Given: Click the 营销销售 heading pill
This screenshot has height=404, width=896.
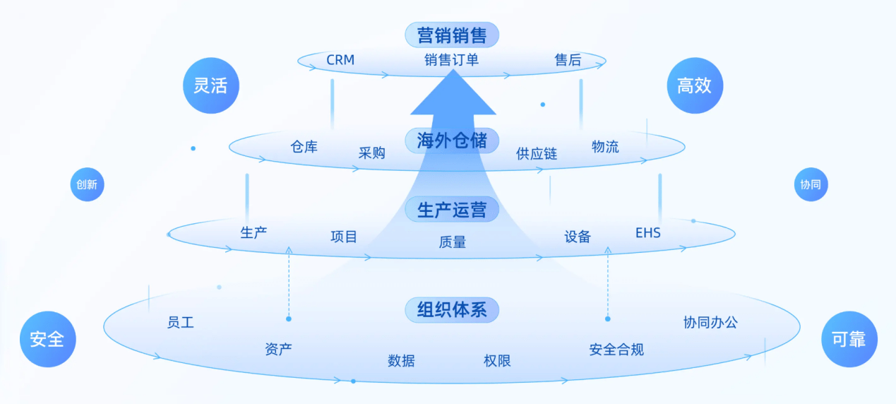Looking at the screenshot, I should [x=452, y=35].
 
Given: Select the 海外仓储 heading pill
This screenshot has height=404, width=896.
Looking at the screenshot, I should [x=452, y=141].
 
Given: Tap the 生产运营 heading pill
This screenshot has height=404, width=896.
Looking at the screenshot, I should [x=452, y=210].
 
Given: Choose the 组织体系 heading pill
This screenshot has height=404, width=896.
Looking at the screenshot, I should [x=452, y=309].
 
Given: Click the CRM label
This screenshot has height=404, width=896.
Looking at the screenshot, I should [x=340, y=60].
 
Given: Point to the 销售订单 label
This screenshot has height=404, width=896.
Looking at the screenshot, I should [x=452, y=60].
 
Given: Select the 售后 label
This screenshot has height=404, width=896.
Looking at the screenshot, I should [x=568, y=60].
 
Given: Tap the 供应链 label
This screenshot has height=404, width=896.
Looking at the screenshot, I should [x=537, y=153].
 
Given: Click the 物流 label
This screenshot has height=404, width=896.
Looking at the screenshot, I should [x=605, y=147].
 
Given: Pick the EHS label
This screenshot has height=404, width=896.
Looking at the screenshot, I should [x=648, y=232].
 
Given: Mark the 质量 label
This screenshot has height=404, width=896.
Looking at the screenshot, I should [x=453, y=242].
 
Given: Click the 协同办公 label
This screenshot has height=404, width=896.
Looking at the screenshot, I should [x=710, y=322].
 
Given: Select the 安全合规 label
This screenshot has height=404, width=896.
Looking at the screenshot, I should [x=616, y=349].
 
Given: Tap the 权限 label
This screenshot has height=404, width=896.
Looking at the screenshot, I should [x=497, y=361].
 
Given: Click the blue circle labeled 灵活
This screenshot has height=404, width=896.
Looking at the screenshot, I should [x=210, y=85].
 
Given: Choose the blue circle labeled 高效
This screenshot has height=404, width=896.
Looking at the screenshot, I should [x=695, y=85].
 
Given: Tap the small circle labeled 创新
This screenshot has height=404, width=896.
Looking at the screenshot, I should [x=87, y=184].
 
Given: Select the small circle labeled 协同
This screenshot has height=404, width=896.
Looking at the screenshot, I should [x=811, y=184].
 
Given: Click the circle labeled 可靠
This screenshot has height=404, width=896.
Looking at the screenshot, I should [x=849, y=339].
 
